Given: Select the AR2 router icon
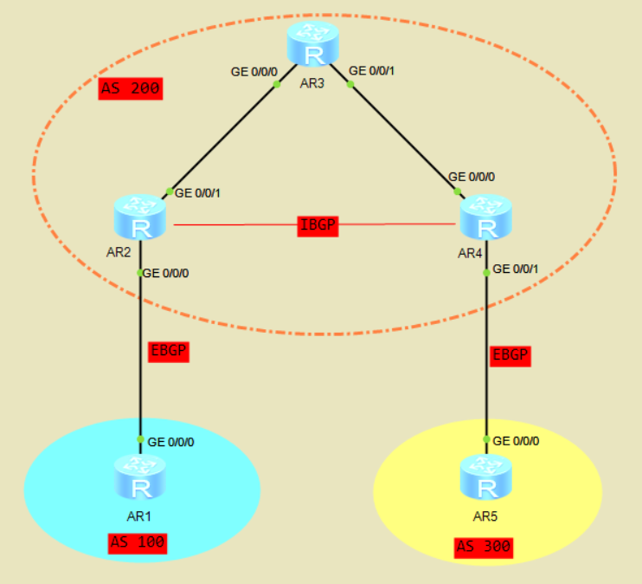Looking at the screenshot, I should coord(138,217).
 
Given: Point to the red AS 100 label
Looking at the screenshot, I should coord(137,543).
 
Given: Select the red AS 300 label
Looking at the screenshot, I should coord(484,547).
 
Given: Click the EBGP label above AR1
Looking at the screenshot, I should coord(168,352).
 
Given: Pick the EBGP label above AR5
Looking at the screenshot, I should coord(510,354).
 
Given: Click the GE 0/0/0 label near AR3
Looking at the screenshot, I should coord(254,71).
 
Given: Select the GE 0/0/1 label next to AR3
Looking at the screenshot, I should coord(371,71).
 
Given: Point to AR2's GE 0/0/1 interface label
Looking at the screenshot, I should coord(198,192).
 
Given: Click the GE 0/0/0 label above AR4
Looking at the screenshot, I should coord(472,177).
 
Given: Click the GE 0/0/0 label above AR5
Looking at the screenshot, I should coord(516,440).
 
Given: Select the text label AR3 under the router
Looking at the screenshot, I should coord(310,83).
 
